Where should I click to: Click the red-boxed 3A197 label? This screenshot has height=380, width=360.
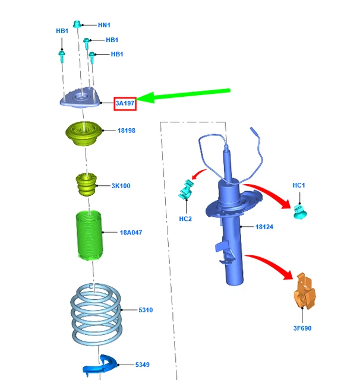(x=125, y=103)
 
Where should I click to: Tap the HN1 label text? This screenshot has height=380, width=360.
(x=104, y=26)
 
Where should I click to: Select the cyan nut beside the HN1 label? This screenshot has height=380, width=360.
(x=77, y=24)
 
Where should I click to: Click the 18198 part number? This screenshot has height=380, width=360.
(x=126, y=130)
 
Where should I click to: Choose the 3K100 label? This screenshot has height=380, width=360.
(x=121, y=186)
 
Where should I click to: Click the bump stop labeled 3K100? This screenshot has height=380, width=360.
(x=85, y=186)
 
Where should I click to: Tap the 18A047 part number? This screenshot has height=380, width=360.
(x=131, y=233)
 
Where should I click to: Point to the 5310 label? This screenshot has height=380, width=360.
(x=146, y=310)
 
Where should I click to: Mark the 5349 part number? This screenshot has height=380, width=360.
(x=143, y=365)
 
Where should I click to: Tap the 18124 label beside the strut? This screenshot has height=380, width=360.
(x=264, y=227)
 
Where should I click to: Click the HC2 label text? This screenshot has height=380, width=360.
(x=185, y=218)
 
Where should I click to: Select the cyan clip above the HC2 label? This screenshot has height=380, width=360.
(x=187, y=192)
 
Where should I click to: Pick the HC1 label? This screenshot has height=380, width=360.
(x=299, y=186)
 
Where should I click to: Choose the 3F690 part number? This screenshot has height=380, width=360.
(x=302, y=328)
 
